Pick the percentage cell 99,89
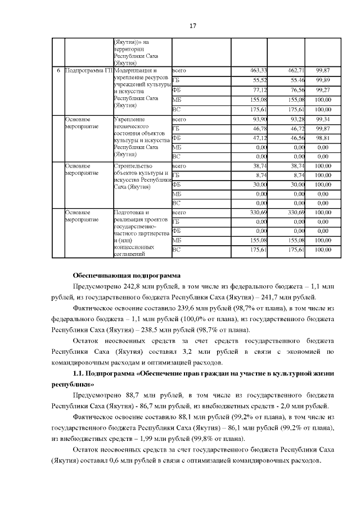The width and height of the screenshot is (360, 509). (322, 80)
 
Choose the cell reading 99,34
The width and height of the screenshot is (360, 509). (322, 119)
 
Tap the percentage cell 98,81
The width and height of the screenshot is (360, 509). (322, 138)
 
